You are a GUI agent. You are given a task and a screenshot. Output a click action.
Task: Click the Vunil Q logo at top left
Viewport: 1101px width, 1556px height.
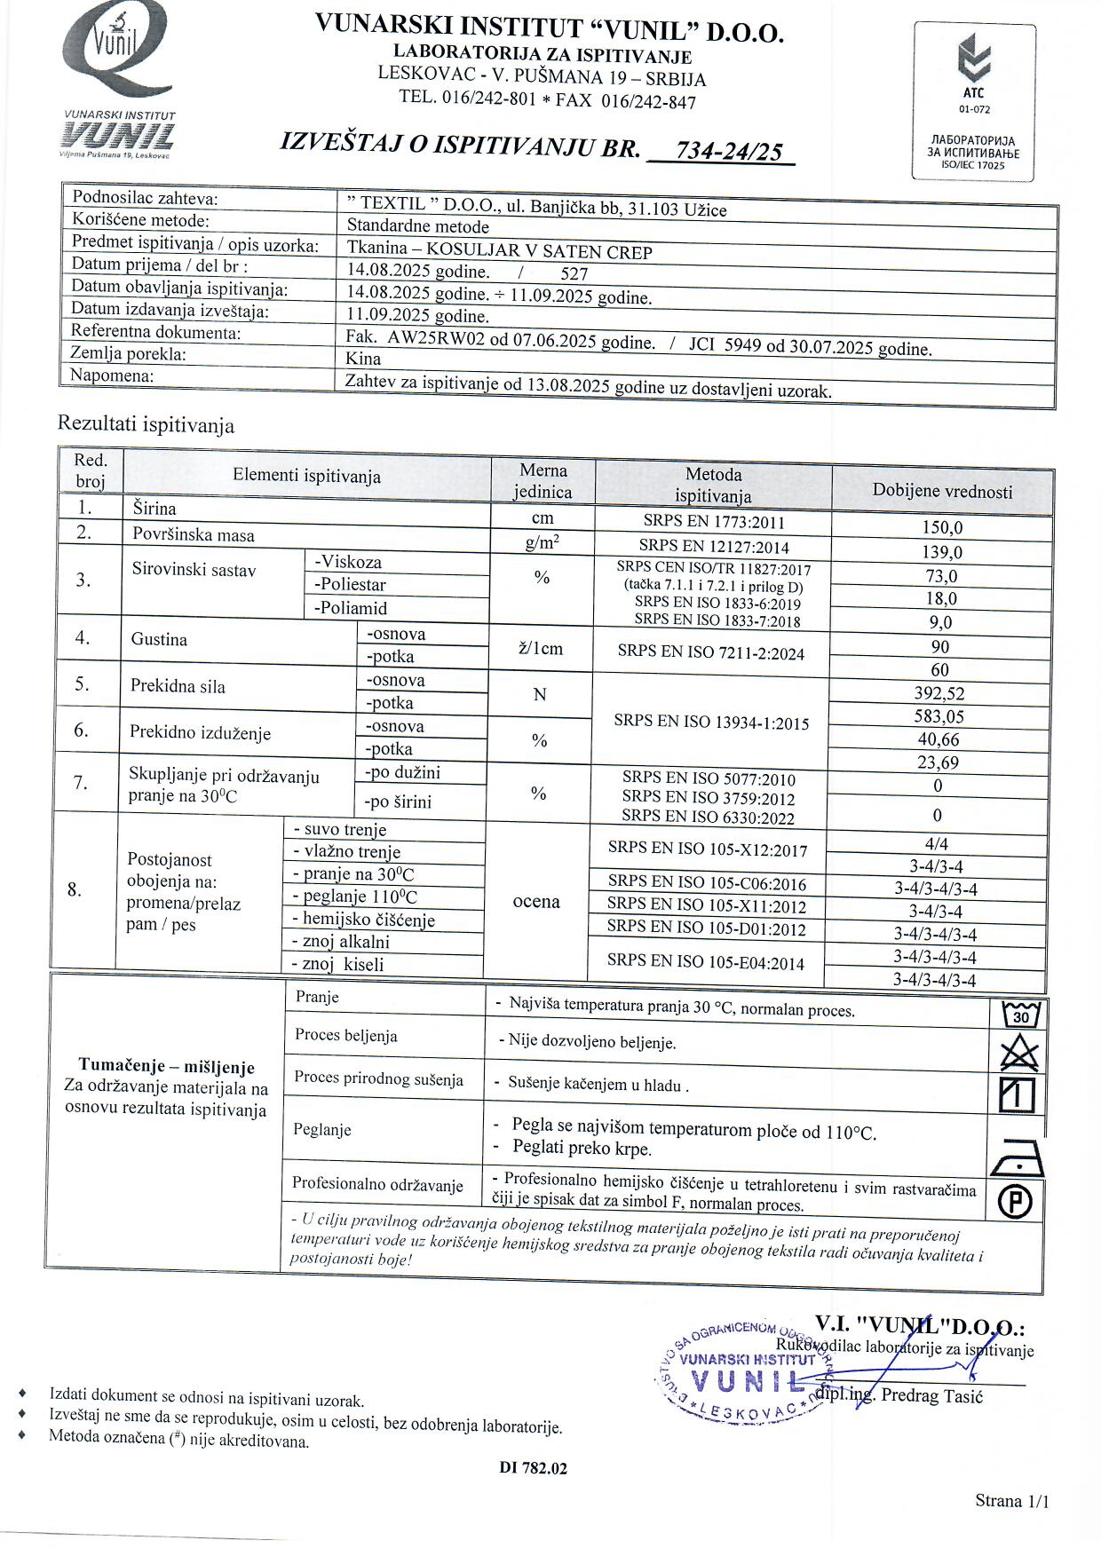pyautogui.click(x=118, y=55)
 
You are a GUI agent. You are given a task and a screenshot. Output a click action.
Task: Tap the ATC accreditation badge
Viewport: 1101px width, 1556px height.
pyautogui.click(x=974, y=101)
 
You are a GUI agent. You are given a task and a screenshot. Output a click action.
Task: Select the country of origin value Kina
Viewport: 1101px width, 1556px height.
pyautogui.click(x=363, y=359)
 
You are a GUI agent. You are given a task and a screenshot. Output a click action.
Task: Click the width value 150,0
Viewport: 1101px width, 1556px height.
pyautogui.click(x=942, y=528)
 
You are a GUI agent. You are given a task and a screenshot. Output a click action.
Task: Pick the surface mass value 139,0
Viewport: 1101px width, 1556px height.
pyautogui.click(x=942, y=552)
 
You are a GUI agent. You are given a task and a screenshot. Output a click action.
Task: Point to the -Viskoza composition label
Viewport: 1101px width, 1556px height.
pyautogui.click(x=347, y=562)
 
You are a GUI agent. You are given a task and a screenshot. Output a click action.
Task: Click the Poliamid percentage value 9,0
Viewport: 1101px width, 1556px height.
pyautogui.click(x=940, y=622)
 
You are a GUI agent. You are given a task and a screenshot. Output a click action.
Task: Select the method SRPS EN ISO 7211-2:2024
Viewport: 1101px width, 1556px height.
pyautogui.click(x=710, y=653)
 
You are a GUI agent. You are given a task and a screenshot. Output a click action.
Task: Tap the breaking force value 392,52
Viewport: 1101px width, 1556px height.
pyautogui.click(x=939, y=693)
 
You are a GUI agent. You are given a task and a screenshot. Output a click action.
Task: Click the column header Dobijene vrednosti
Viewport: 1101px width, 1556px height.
pyautogui.click(x=942, y=491)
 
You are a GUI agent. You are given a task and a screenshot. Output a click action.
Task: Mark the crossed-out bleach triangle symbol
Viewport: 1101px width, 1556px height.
pyautogui.click(x=1018, y=1054)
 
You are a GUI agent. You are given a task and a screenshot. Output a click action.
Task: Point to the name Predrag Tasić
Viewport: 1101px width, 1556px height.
pyautogui.click(x=931, y=1396)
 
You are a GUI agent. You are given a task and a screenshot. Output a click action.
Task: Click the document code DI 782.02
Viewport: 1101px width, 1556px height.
pyautogui.click(x=533, y=1468)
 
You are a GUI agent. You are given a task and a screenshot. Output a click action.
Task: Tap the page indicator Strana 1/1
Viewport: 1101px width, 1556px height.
pyautogui.click(x=1011, y=1501)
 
